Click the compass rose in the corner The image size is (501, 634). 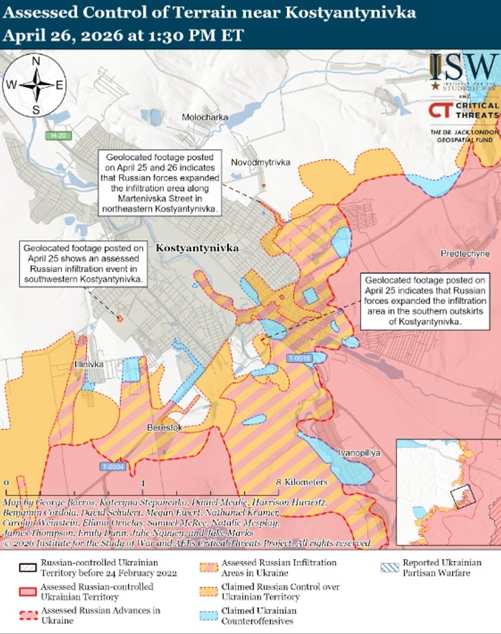[35, 85]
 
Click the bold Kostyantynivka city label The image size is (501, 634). [197, 248]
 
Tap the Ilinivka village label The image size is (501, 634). [89, 364]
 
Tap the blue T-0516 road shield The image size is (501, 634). [299, 358]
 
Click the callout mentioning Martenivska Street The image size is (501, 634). [159, 182]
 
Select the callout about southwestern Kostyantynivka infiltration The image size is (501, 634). [82, 264]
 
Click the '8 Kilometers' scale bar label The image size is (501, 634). [302, 482]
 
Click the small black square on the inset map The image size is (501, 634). [462, 496]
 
